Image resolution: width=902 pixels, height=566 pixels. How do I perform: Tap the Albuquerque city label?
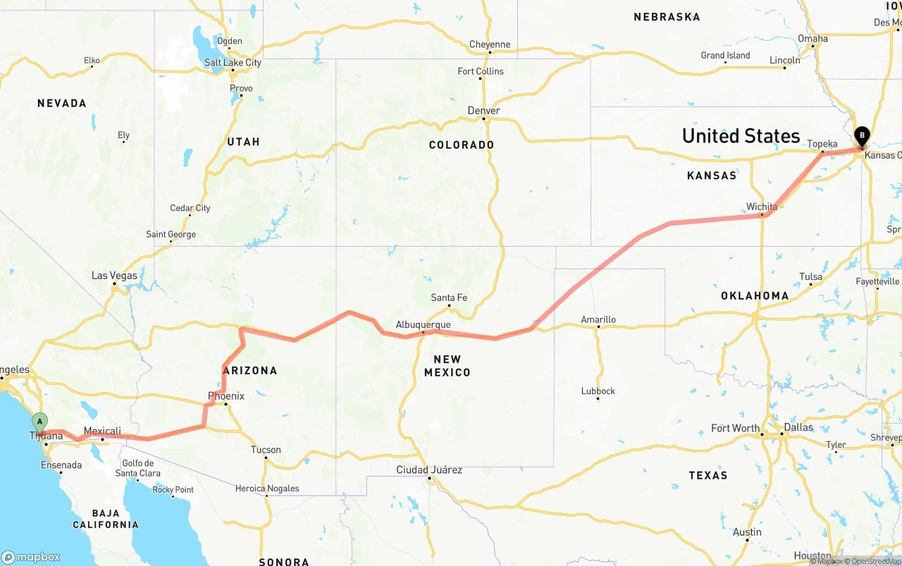click(423, 325)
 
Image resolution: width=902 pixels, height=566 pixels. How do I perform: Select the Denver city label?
click(484, 111)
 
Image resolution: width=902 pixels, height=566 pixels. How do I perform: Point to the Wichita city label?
click(762, 207)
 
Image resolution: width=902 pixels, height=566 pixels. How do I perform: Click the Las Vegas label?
click(114, 276)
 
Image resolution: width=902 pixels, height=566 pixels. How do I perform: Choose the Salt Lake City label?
click(233, 63)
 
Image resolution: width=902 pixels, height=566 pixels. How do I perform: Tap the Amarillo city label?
click(598, 319)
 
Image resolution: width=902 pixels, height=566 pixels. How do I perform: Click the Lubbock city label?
click(598, 391)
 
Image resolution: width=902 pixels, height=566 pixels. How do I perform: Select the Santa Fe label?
click(449, 297)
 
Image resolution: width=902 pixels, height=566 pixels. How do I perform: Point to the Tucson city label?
click(266, 450)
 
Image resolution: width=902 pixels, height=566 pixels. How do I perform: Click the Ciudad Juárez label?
click(429, 470)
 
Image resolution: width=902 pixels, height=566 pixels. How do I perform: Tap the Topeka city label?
click(822, 144)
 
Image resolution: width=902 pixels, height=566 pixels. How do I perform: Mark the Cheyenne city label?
click(490, 44)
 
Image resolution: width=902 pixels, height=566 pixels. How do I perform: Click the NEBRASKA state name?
click(667, 17)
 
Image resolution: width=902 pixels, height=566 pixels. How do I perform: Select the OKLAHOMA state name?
click(755, 296)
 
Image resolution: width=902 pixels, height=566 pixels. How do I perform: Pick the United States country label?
click(741, 136)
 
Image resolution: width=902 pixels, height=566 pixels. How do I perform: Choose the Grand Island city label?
click(725, 56)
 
